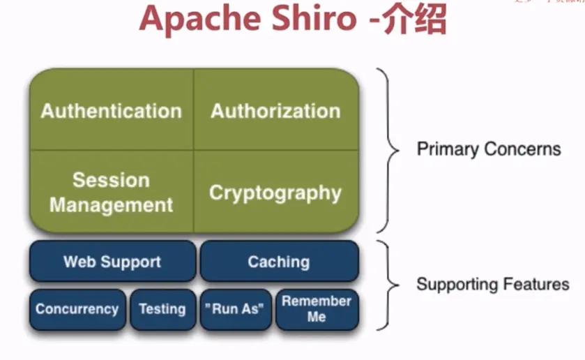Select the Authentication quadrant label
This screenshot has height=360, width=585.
tap(111, 111)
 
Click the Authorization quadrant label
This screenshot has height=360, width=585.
tap(276, 111)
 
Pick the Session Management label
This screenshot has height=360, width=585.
tap(111, 193)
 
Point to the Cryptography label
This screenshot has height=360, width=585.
tap(275, 193)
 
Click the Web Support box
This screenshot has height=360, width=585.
tap(112, 262)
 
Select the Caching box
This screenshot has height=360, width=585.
tap(279, 262)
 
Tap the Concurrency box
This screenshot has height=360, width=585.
tap(77, 309)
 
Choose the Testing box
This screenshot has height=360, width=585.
tap(162, 309)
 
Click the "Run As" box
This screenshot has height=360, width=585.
tap(236, 309)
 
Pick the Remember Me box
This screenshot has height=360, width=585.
tap(317, 309)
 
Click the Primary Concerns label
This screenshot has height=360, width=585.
tap(488, 149)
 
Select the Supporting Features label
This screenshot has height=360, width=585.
tap(492, 285)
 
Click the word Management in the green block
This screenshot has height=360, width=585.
tap(111, 205)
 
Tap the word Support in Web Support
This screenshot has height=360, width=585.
tap(131, 262)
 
